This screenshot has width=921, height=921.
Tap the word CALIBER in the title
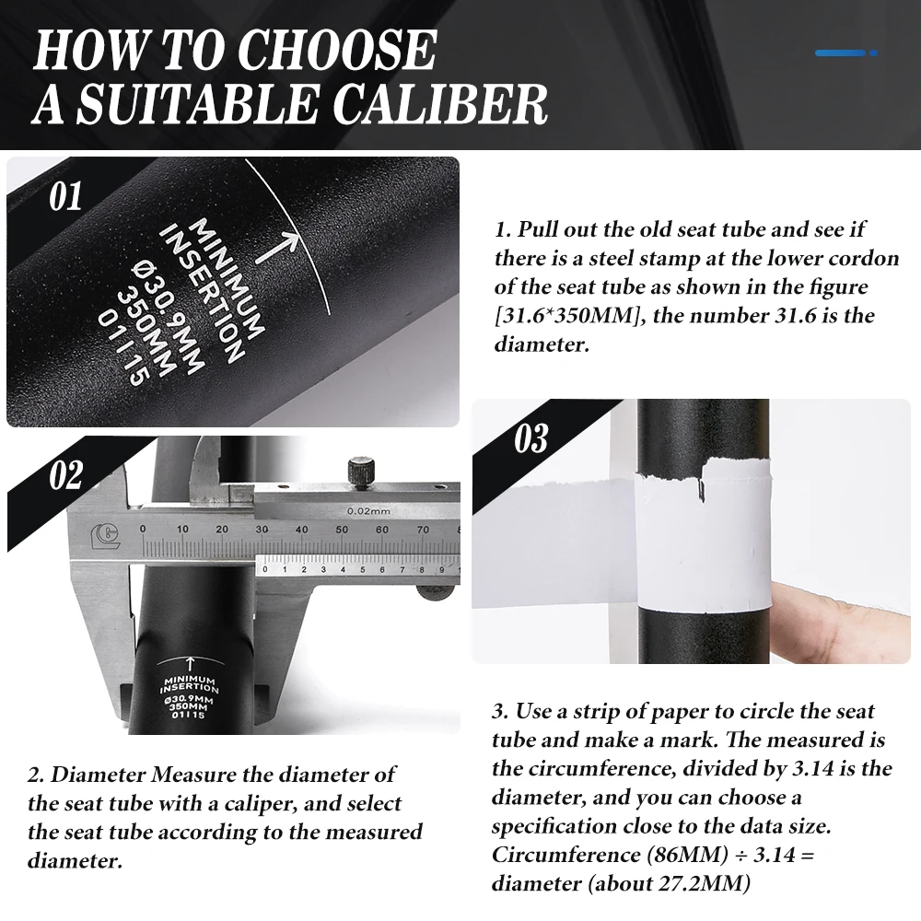coord(440,103)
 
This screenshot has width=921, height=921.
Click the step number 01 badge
coord(65,196)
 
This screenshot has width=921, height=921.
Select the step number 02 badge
coord(65,475)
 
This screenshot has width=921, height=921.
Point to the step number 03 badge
coord(531,438)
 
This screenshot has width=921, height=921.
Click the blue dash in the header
coord(845,52)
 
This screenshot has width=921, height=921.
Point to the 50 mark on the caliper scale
coord(342,530)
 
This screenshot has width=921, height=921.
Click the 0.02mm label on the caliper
coord(368,511)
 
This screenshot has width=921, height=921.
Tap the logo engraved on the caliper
coord(105,535)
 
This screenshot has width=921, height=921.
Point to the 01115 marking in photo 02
coord(189,715)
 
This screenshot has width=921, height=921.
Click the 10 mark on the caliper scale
coord(182,529)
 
